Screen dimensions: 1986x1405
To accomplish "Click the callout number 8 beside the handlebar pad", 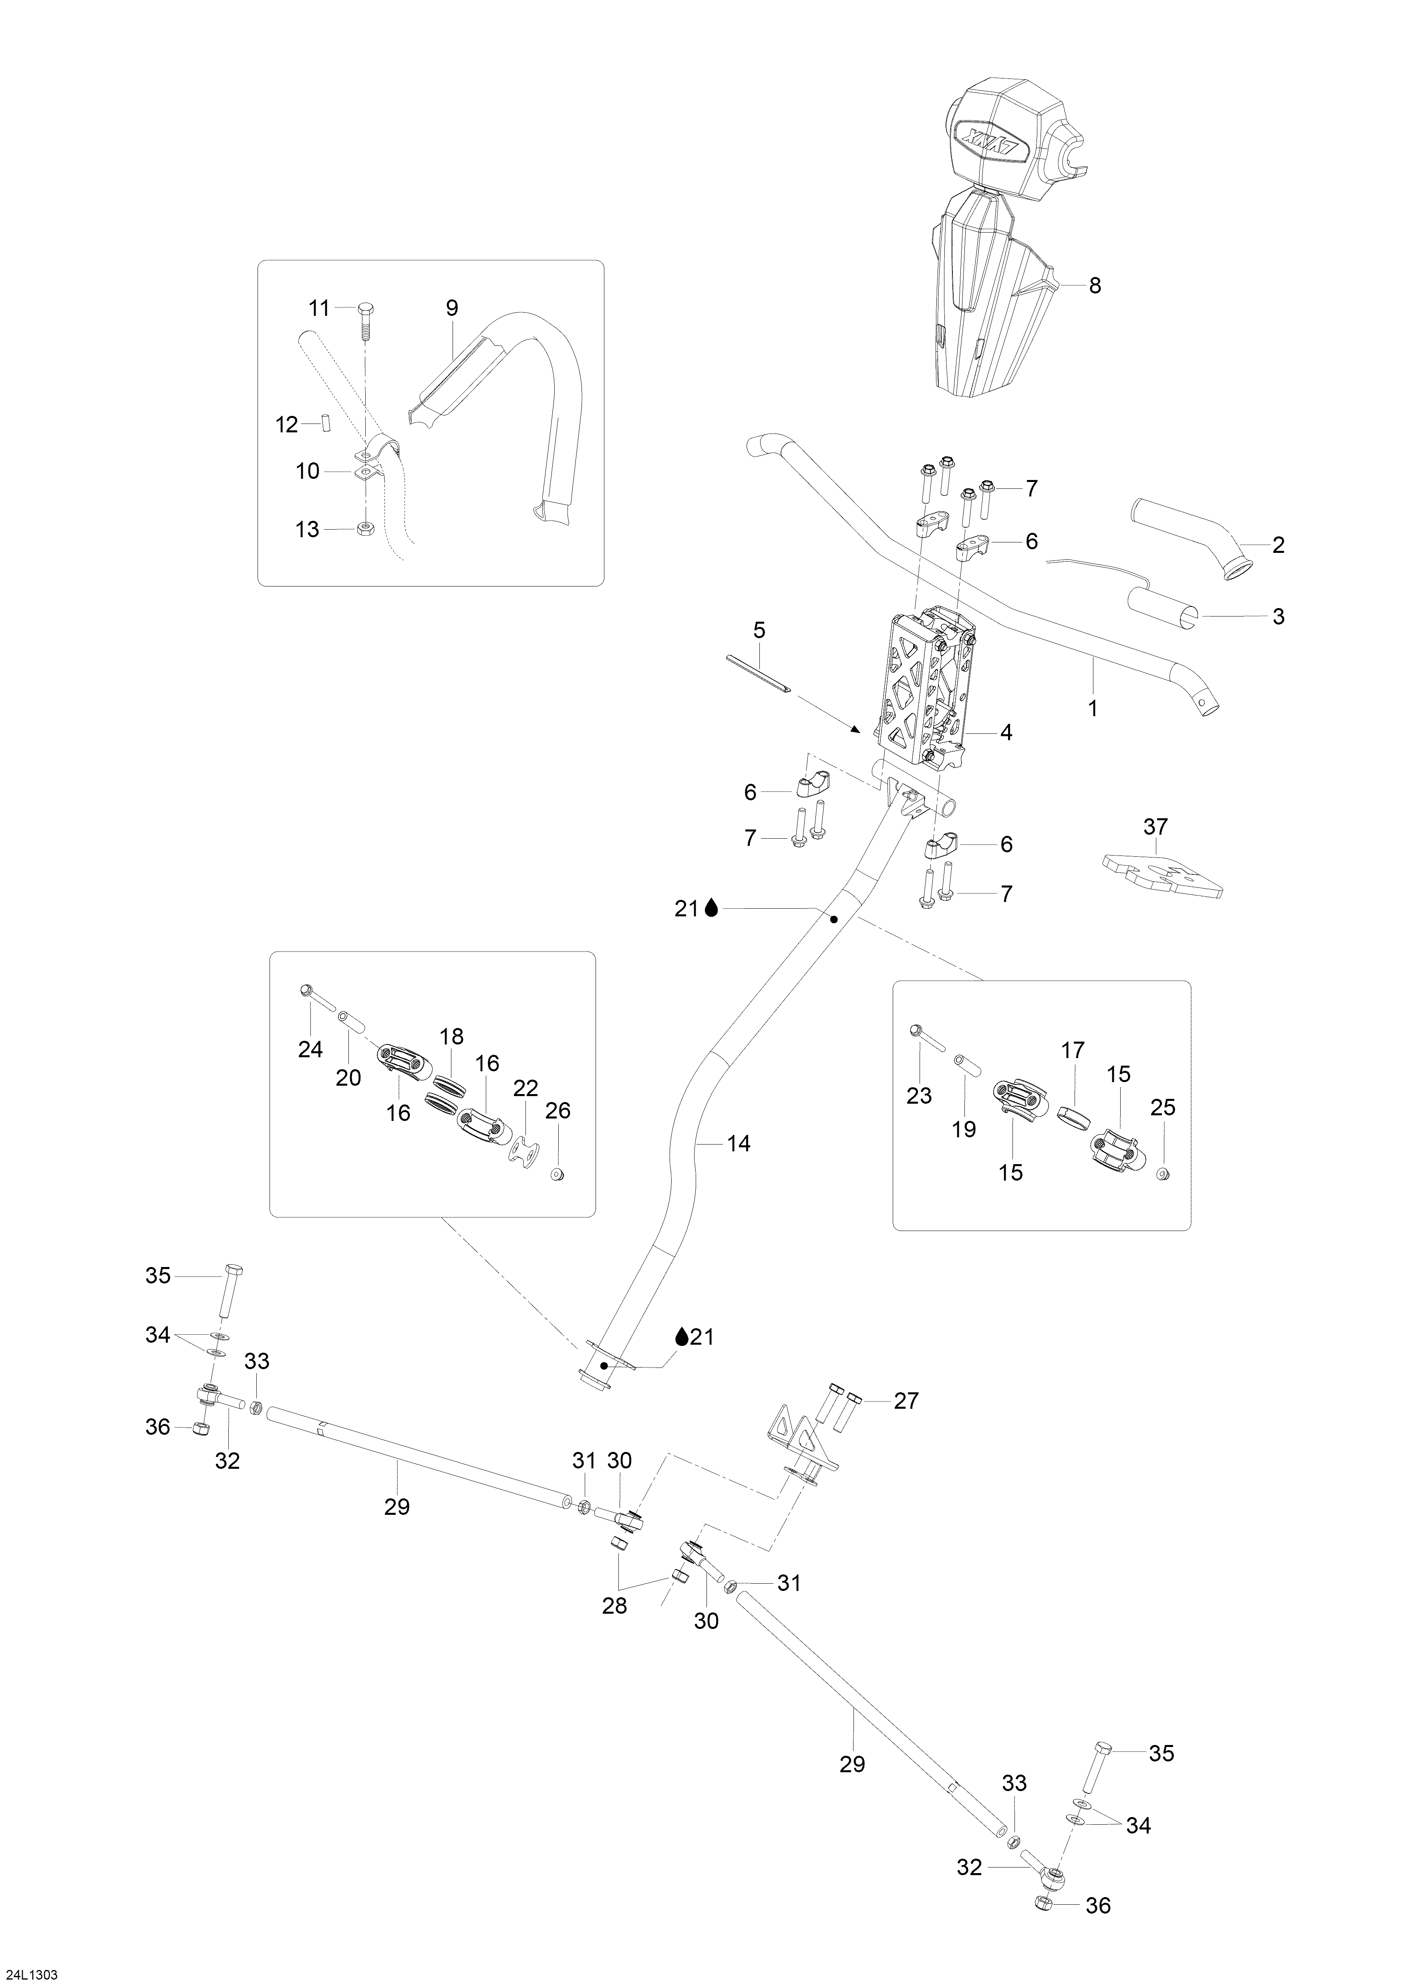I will [x=1095, y=285].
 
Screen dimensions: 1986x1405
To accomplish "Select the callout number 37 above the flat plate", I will [x=1156, y=827].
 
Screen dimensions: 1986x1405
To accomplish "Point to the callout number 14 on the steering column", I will [x=738, y=1143].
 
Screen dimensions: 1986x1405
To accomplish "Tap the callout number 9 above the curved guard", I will [x=452, y=308].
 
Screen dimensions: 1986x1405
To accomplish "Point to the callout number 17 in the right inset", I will [x=1073, y=1050].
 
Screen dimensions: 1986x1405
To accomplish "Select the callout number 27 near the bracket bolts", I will [x=906, y=1400].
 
